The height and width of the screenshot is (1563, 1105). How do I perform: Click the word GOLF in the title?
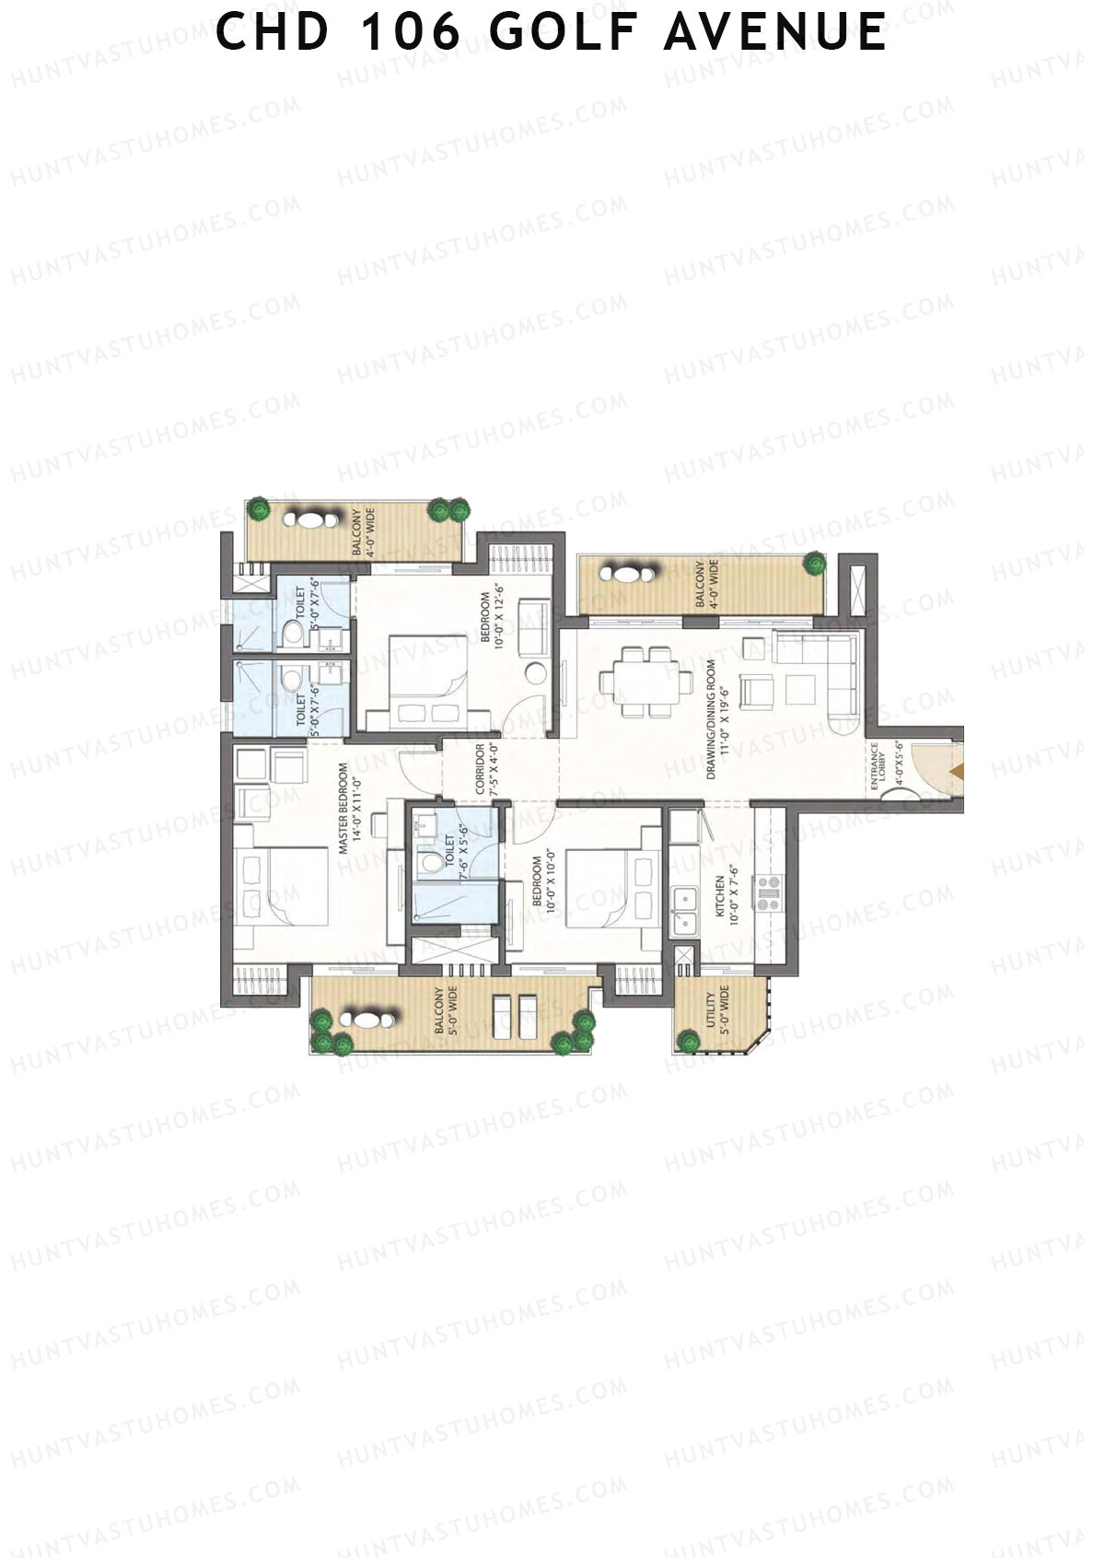[x=565, y=32]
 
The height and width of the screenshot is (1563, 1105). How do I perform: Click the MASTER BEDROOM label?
[x=349, y=810]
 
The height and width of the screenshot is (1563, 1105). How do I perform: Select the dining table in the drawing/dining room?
[x=646, y=682]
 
